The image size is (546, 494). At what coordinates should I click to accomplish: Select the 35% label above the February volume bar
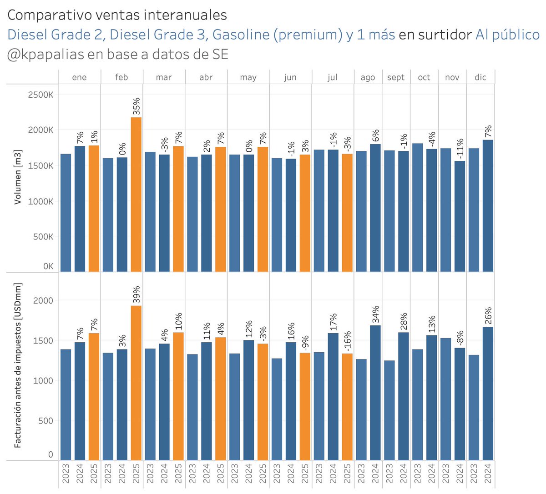point(136,106)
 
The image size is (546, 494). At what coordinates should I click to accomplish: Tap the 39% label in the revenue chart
point(136,294)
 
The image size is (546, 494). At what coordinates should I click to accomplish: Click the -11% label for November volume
point(460,149)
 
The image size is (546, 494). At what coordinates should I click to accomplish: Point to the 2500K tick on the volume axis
point(41,95)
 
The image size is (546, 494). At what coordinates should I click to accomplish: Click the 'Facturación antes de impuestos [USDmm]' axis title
point(18,365)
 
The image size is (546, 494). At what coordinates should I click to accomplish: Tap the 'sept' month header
point(396,77)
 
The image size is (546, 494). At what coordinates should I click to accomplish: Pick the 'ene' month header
point(79,77)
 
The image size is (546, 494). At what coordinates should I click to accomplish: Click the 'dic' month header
point(480,77)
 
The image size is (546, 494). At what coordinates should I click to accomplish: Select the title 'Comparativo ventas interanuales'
point(117,15)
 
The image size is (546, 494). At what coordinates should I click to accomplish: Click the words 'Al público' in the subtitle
point(507,35)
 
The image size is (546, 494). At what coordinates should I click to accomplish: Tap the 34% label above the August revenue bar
point(375,314)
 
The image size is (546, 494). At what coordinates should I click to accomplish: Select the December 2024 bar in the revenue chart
point(488,393)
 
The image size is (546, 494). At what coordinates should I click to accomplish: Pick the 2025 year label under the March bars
point(178,474)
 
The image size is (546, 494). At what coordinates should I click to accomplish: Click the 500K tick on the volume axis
point(41,237)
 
